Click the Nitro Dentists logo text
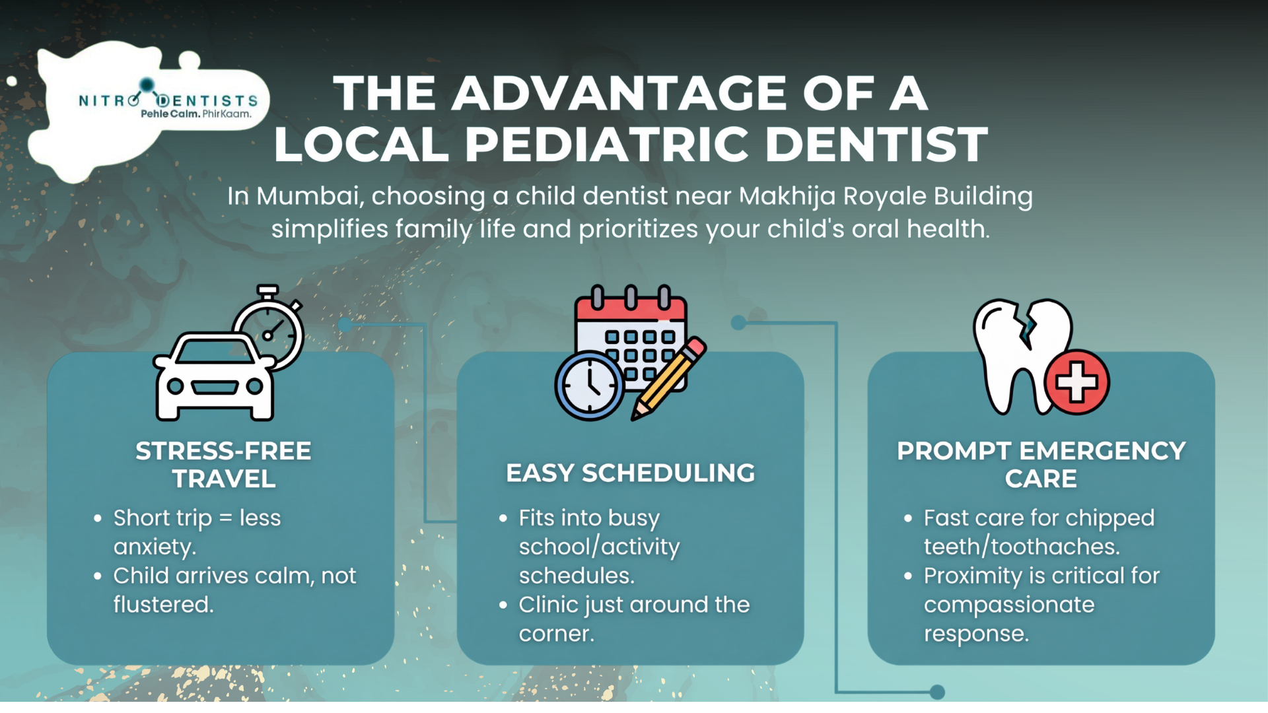pyautogui.click(x=168, y=100)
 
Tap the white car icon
pyautogui.click(x=215, y=377)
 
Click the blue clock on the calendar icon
pyautogui.click(x=589, y=386)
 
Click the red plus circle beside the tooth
pyautogui.click(x=1076, y=382)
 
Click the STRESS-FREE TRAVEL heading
pyautogui.click(x=223, y=465)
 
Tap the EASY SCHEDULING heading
pyautogui.click(x=631, y=473)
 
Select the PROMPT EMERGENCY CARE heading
pyautogui.click(x=1041, y=465)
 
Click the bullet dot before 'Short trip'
pyautogui.click(x=98, y=518)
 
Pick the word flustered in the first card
pyautogui.click(x=163, y=604)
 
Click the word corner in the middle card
pyautogui.click(x=557, y=634)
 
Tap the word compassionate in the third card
pyautogui.click(x=1009, y=605)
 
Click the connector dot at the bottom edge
pyautogui.click(x=937, y=692)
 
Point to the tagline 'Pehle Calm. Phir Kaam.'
pyautogui.click(x=196, y=114)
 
